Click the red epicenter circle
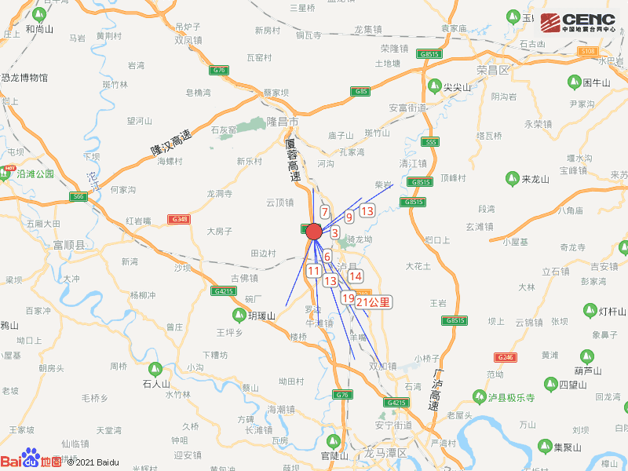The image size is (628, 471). [314, 232]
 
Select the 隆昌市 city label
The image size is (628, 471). [283, 122]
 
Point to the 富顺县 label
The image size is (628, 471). [68, 245]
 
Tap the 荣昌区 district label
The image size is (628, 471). [493, 70]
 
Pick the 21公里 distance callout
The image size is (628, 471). [373, 302]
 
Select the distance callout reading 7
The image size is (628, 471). [324, 212]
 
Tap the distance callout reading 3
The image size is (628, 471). [334, 232]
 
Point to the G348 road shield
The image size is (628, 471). [180, 219]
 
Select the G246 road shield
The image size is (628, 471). [506, 357]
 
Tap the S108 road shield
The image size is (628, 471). [587, 51]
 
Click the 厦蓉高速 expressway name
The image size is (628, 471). [293, 162]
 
